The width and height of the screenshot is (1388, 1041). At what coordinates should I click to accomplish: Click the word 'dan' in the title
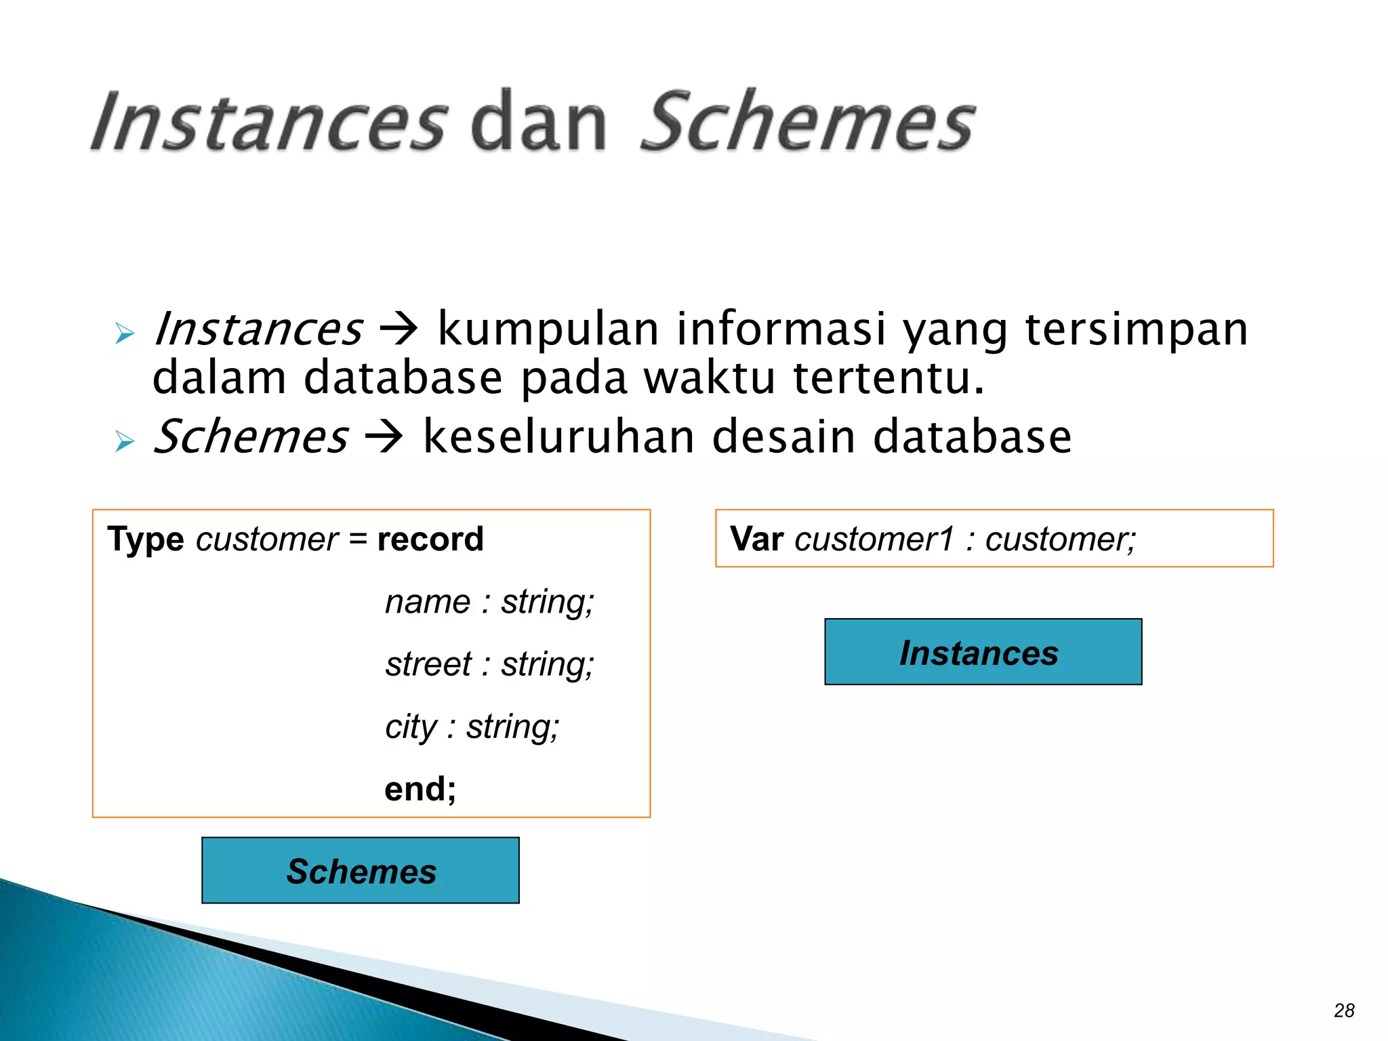[x=538, y=122]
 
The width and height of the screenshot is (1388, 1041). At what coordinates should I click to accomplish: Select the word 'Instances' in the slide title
[x=269, y=122]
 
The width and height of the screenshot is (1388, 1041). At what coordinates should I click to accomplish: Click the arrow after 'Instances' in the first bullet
[x=399, y=330]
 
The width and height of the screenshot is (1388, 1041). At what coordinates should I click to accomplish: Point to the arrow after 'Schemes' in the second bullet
[x=384, y=437]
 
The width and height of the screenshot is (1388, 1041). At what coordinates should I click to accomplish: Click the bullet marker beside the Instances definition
[x=125, y=333]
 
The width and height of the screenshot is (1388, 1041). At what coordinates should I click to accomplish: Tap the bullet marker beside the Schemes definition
[x=125, y=441]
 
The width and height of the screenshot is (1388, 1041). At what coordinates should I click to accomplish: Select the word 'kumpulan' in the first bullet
[x=548, y=330]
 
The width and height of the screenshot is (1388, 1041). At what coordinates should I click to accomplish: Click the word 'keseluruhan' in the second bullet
[x=558, y=437]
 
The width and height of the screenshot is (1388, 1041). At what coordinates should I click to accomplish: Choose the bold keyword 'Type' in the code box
[x=146, y=539]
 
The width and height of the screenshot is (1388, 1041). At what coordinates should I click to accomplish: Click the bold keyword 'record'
[x=430, y=539]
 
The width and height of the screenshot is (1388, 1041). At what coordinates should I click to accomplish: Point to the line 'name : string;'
[x=489, y=602]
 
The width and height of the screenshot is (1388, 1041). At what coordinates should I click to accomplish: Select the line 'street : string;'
[x=489, y=664]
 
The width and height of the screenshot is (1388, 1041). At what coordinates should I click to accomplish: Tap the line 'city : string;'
[x=472, y=727]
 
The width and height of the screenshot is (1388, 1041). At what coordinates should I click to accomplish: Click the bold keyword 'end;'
[x=420, y=789]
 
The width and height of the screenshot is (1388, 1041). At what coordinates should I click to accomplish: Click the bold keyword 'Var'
[x=757, y=539]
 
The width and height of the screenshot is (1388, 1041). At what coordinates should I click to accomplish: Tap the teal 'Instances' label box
[x=983, y=652]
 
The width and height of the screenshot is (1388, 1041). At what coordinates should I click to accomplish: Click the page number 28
[x=1344, y=1011]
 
